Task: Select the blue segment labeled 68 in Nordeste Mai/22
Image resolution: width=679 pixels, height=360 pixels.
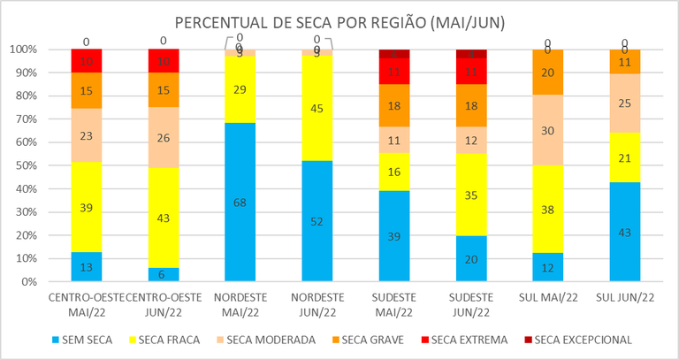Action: pyautogui.click(x=240, y=202)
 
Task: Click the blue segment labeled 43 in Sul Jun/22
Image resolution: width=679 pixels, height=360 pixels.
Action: pyautogui.click(x=624, y=232)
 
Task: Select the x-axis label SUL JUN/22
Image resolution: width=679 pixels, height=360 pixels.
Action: pyautogui.click(x=624, y=297)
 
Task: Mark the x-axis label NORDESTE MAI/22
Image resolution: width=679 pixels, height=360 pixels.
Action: pyautogui.click(x=240, y=303)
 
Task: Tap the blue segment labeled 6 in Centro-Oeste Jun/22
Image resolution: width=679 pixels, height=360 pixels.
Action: pyautogui.click(x=163, y=275)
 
